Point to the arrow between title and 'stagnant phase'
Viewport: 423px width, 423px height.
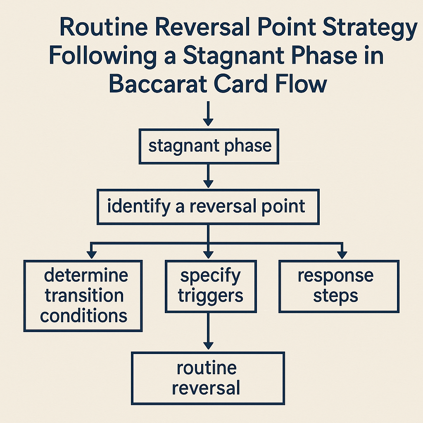pyautogui.click(x=208, y=114)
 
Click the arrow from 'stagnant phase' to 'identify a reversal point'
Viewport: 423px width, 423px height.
pyautogui.click(x=208, y=176)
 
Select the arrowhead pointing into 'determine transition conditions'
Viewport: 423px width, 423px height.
pyautogui.click(x=92, y=255)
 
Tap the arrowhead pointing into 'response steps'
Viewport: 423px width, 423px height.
pyautogui.click(x=342, y=255)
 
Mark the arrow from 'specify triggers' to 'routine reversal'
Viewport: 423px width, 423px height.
pyautogui.click(x=208, y=331)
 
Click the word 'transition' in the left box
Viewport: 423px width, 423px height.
pyautogui.click(x=84, y=295)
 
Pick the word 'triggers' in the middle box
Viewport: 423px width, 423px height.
pyautogui.click(x=210, y=296)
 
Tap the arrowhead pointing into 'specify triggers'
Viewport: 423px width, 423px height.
pyautogui.click(x=208, y=255)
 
